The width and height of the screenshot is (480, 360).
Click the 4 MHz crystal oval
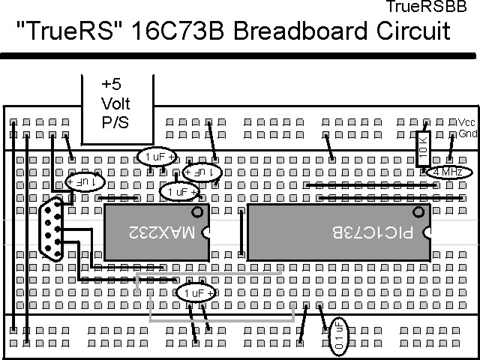click(x=448, y=172)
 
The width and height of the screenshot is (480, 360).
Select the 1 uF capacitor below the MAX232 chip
click(x=196, y=292)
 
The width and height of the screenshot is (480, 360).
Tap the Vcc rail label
click(x=466, y=122)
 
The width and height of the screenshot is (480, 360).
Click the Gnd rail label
click(x=467, y=133)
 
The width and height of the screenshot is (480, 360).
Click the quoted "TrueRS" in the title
click(x=63, y=32)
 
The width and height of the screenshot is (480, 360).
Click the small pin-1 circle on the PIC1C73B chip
click(x=418, y=212)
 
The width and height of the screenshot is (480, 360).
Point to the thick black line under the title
click(x=240, y=55)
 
